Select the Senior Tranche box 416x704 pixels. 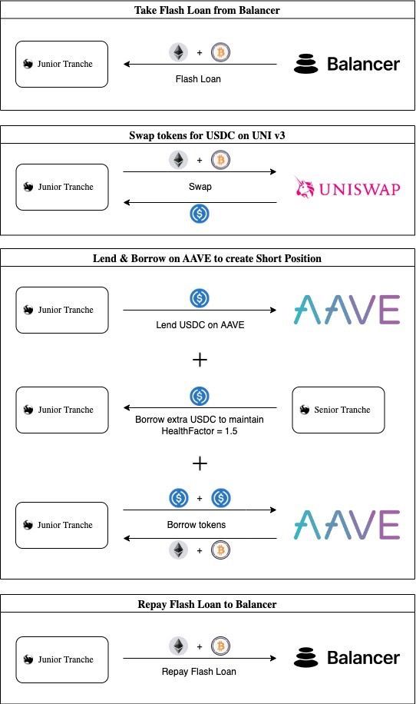(x=338, y=410)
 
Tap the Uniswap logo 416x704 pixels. (x=347, y=188)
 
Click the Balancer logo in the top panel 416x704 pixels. (x=347, y=64)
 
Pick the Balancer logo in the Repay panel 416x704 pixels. (x=347, y=658)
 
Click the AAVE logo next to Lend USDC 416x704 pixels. (x=347, y=310)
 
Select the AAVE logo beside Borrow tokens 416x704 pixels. (x=347, y=525)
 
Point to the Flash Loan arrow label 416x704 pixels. (x=198, y=78)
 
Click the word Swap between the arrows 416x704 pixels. (x=200, y=187)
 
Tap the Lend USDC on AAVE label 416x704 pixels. (x=200, y=325)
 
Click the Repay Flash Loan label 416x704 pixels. (x=199, y=671)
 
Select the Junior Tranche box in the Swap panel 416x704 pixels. (x=62, y=187)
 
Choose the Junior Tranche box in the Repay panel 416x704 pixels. (x=62, y=659)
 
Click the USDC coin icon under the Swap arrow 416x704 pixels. (x=200, y=214)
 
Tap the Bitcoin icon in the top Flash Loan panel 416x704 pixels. (x=221, y=52)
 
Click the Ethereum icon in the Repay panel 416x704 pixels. (x=178, y=646)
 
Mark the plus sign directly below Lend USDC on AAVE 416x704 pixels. (x=200, y=360)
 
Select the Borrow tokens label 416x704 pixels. (x=199, y=526)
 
